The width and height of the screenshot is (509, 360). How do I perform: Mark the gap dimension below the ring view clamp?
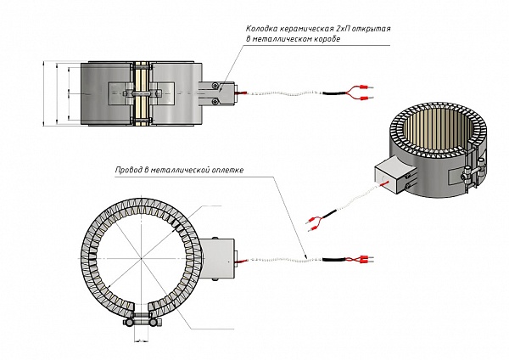[141, 342]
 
